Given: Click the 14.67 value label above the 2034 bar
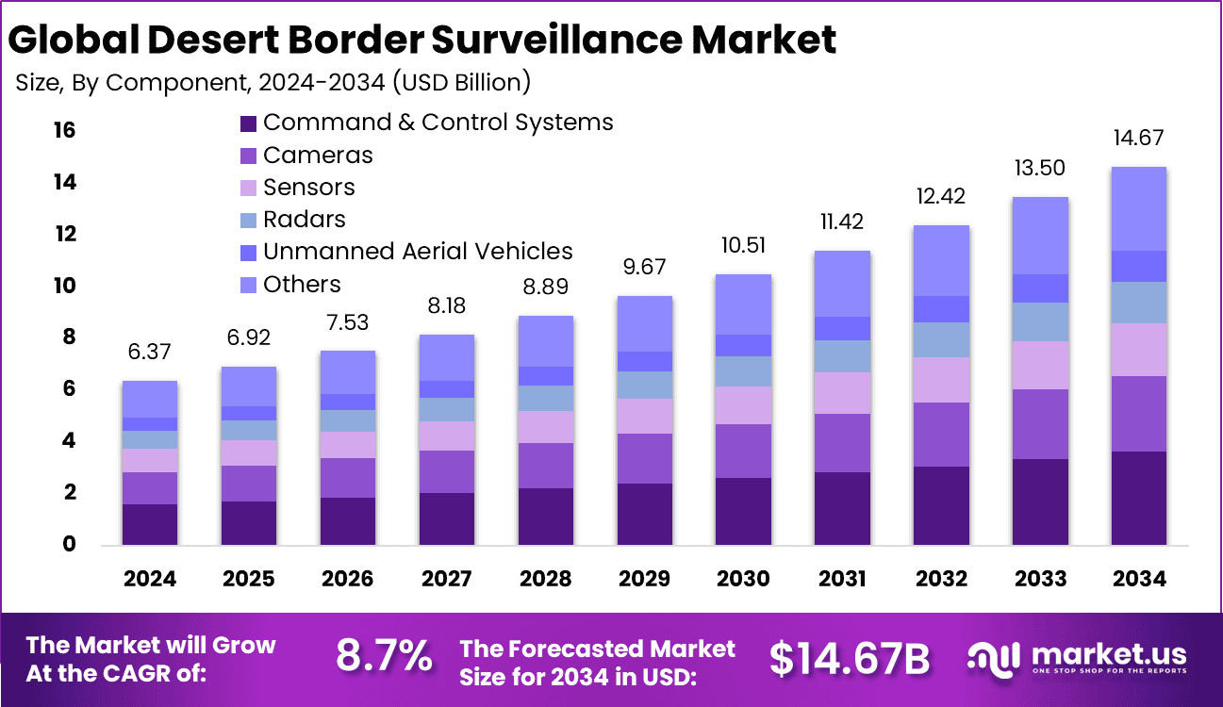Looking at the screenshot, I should click(x=1138, y=138).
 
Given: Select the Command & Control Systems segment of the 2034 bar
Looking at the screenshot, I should click(x=1138, y=498).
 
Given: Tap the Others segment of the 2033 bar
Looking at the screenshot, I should click(x=1040, y=236).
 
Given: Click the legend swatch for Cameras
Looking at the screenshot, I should click(x=249, y=156).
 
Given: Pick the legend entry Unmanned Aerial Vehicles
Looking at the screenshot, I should click(x=418, y=252).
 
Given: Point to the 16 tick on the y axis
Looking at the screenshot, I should click(x=63, y=130).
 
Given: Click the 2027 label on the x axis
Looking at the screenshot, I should click(x=446, y=578).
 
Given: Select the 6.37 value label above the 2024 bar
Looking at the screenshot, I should click(x=150, y=352).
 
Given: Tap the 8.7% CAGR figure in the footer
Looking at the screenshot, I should click(x=385, y=657).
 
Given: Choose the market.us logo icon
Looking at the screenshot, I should click(x=994, y=657).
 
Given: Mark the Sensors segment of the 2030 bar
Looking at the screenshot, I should click(x=743, y=405).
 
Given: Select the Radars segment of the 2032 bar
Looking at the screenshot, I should click(x=941, y=339).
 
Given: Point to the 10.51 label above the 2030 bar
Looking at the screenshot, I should click(x=743, y=245).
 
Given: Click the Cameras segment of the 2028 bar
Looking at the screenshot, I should click(x=545, y=466).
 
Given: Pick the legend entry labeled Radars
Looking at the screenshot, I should click(x=305, y=220).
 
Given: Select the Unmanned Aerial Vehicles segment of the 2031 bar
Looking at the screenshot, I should click(x=842, y=328).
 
